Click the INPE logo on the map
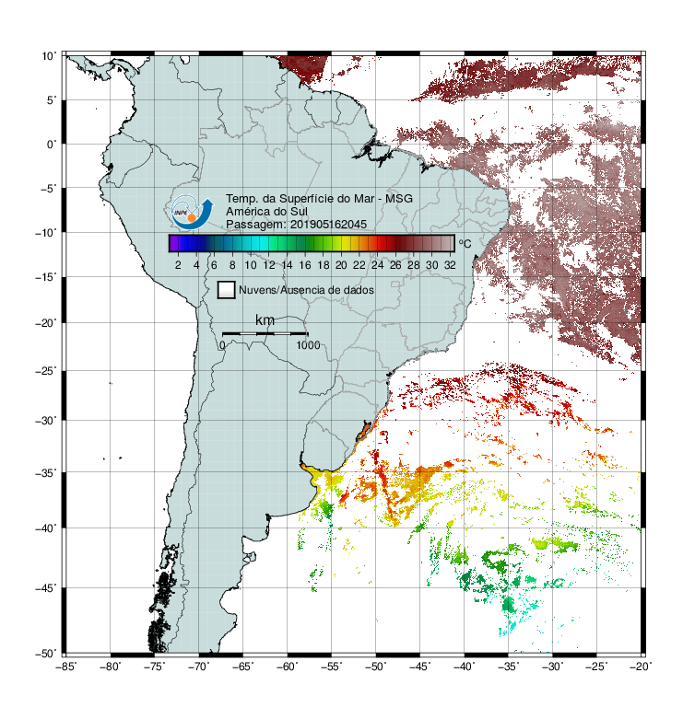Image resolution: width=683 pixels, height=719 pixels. [x=192, y=213]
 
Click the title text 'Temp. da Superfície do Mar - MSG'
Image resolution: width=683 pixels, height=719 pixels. [x=319, y=199]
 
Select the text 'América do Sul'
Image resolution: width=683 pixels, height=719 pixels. [x=266, y=212]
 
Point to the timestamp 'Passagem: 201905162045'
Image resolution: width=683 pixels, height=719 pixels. [x=296, y=225]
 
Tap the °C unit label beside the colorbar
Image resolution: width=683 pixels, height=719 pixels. [x=465, y=243]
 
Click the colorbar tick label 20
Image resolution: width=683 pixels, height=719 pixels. [x=341, y=265]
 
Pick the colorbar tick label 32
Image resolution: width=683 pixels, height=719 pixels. [x=450, y=265]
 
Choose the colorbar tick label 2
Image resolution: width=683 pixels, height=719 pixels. [x=178, y=265]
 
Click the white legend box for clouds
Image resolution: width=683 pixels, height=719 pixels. [x=227, y=290]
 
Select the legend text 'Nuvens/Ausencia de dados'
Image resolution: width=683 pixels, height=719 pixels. [x=306, y=290]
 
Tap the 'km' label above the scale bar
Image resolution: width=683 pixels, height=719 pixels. [x=265, y=320]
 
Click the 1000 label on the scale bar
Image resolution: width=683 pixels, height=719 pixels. [x=308, y=345]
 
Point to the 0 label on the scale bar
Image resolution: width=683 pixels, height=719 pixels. [x=222, y=345]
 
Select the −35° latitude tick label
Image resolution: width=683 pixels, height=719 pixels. [x=46, y=473]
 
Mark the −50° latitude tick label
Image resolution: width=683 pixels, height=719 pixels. [x=46, y=654]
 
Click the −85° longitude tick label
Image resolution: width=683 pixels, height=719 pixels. [x=66, y=667]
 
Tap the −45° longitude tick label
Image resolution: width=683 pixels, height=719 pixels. [x=420, y=667]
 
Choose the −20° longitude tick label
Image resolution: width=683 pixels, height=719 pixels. [x=641, y=667]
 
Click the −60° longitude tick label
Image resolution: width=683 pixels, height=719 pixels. [x=288, y=667]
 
